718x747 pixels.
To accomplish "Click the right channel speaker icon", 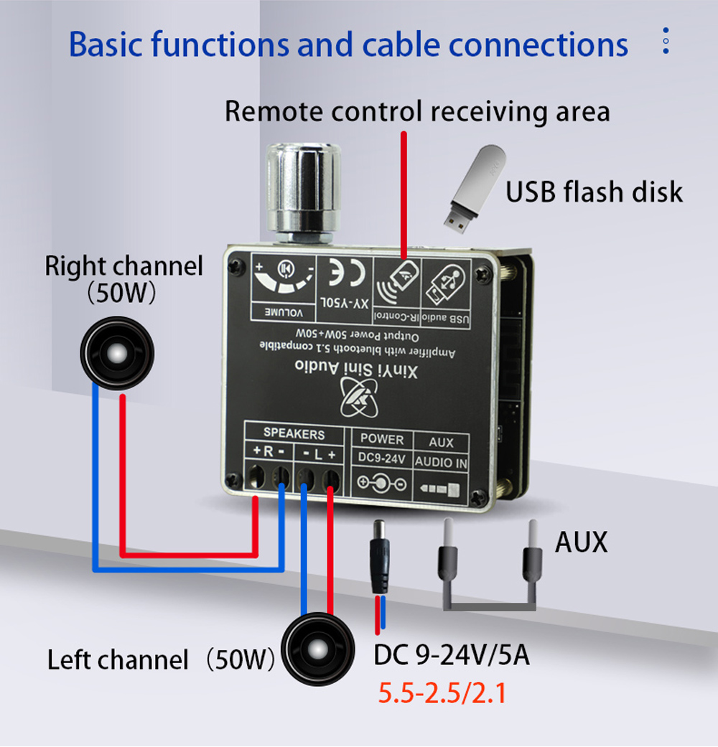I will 116,352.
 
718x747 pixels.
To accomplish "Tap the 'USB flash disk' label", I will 594,192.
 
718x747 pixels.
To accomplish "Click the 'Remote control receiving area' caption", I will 417,111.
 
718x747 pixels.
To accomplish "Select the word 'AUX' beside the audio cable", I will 581,542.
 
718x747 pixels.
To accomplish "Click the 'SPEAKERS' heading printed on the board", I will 294,433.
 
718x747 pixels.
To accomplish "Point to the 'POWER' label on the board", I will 382,439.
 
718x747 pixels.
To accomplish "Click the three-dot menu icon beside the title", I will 666,42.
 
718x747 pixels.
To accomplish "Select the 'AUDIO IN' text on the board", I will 441,462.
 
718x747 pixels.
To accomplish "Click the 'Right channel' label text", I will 123,266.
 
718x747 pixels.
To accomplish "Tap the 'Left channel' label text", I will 118,660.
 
